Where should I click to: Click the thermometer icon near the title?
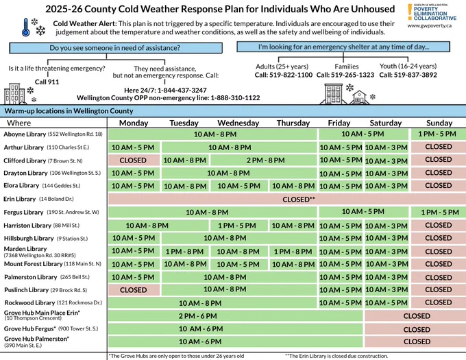pos(26,27)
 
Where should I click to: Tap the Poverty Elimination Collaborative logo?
pos(432,12)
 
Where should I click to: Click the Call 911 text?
pos(47,82)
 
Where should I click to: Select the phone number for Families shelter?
pos(345,75)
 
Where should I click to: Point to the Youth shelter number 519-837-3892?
pos(408,75)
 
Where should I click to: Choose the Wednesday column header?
pos(238,123)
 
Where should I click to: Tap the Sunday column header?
pos(439,123)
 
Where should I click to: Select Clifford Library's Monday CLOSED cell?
pos(134,160)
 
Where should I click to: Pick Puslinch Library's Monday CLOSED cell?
pos(134,290)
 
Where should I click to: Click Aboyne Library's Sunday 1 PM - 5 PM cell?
pos(438,134)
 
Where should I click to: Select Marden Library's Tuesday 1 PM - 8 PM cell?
pos(184,252)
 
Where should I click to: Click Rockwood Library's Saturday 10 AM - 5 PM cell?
pos(387,302)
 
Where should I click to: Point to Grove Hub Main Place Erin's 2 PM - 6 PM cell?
pos(235,315)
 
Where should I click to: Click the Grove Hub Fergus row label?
pos(51,328)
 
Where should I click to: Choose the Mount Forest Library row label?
pos(53,264)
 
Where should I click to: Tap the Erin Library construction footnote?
pos(336,356)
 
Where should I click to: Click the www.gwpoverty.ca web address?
pos(430,25)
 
